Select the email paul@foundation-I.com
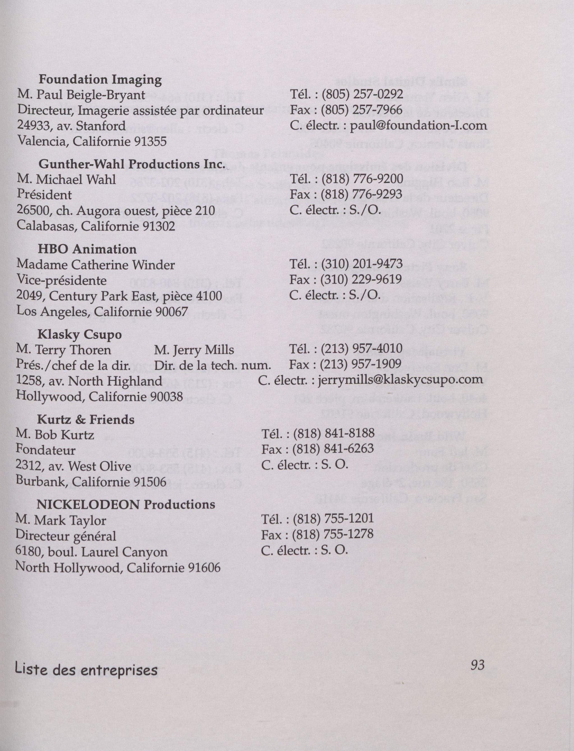(419, 125)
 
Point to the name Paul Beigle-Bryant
(91, 95)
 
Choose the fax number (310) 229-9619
(361, 279)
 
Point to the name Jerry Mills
(204, 350)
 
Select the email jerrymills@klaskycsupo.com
(400, 380)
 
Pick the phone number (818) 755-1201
(333, 519)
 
